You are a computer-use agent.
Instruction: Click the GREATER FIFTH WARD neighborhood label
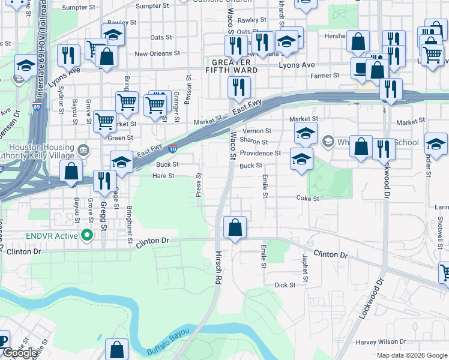(235, 66)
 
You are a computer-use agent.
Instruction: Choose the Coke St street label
(307, 198)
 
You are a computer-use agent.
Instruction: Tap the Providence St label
(261, 153)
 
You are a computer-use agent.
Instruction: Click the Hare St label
(163, 176)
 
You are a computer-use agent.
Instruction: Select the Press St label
(199, 183)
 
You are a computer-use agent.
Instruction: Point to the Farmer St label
(325, 76)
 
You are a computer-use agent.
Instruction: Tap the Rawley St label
(252, 20)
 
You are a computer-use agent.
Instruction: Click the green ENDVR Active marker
(86, 235)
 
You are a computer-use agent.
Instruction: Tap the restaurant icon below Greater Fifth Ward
(239, 88)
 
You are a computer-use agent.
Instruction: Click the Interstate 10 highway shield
(173, 149)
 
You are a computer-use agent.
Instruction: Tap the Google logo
(20, 353)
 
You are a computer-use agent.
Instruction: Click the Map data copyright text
(412, 355)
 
